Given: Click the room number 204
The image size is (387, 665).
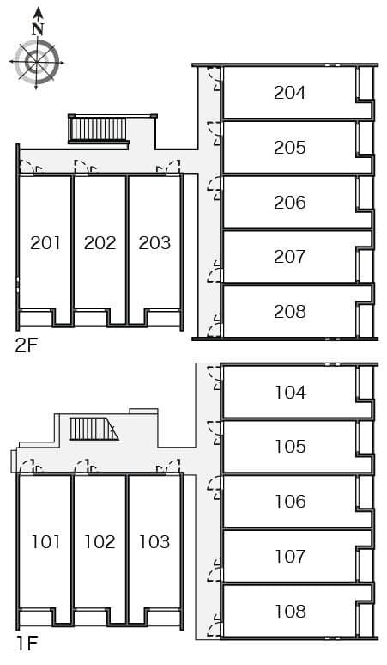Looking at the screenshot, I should pos(290,93).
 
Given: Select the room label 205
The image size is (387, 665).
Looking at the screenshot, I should pos(290,148).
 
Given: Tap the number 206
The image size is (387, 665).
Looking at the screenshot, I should pos(290,203).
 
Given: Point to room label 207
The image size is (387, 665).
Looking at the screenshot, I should pos(290,257).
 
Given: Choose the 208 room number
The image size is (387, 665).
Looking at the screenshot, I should pos(290,312).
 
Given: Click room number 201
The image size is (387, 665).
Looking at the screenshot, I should pos(45,243).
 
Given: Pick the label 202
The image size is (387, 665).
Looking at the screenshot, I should pos(100,243).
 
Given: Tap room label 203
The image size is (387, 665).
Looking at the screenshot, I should pos(154,243).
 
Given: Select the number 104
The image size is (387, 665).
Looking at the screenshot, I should pos(290,393).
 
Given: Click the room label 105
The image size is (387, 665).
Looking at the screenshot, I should pos(290,447).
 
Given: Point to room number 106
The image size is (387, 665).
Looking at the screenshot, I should pos(290,502).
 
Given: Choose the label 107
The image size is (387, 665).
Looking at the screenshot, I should pos(290,557).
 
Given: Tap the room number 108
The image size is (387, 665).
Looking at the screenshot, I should pos(290,612).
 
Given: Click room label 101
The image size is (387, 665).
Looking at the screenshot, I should pos(45,542).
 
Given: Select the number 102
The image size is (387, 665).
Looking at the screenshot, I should pos(100,542).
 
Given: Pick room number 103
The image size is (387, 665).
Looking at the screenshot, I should pos(154,542).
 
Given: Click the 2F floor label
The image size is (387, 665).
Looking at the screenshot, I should pos(26,347).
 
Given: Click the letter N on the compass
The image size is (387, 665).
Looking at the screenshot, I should pos(37,28).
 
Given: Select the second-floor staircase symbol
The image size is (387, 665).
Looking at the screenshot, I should pos(98,130).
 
